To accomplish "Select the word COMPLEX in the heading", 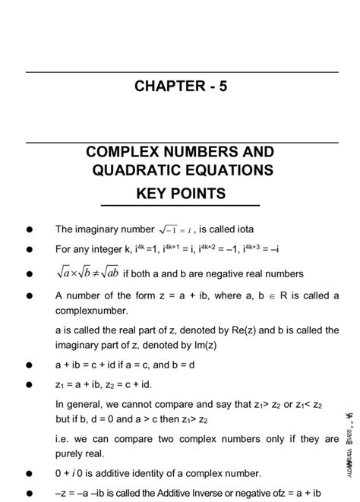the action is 126,150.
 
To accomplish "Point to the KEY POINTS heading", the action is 181,194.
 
